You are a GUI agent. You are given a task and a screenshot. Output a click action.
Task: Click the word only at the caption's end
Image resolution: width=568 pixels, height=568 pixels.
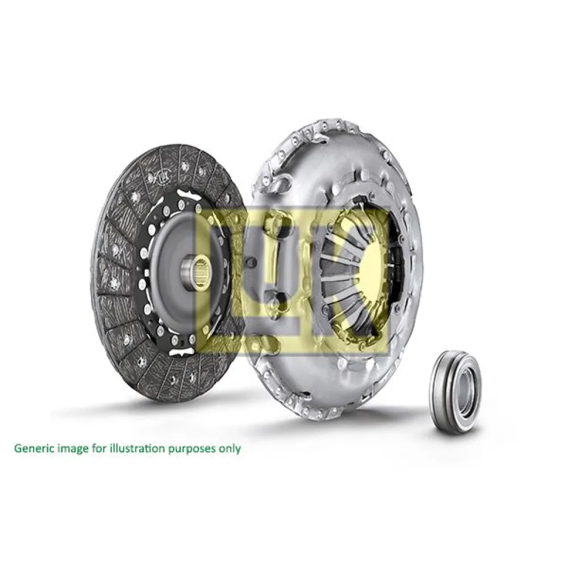[x=229, y=448]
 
